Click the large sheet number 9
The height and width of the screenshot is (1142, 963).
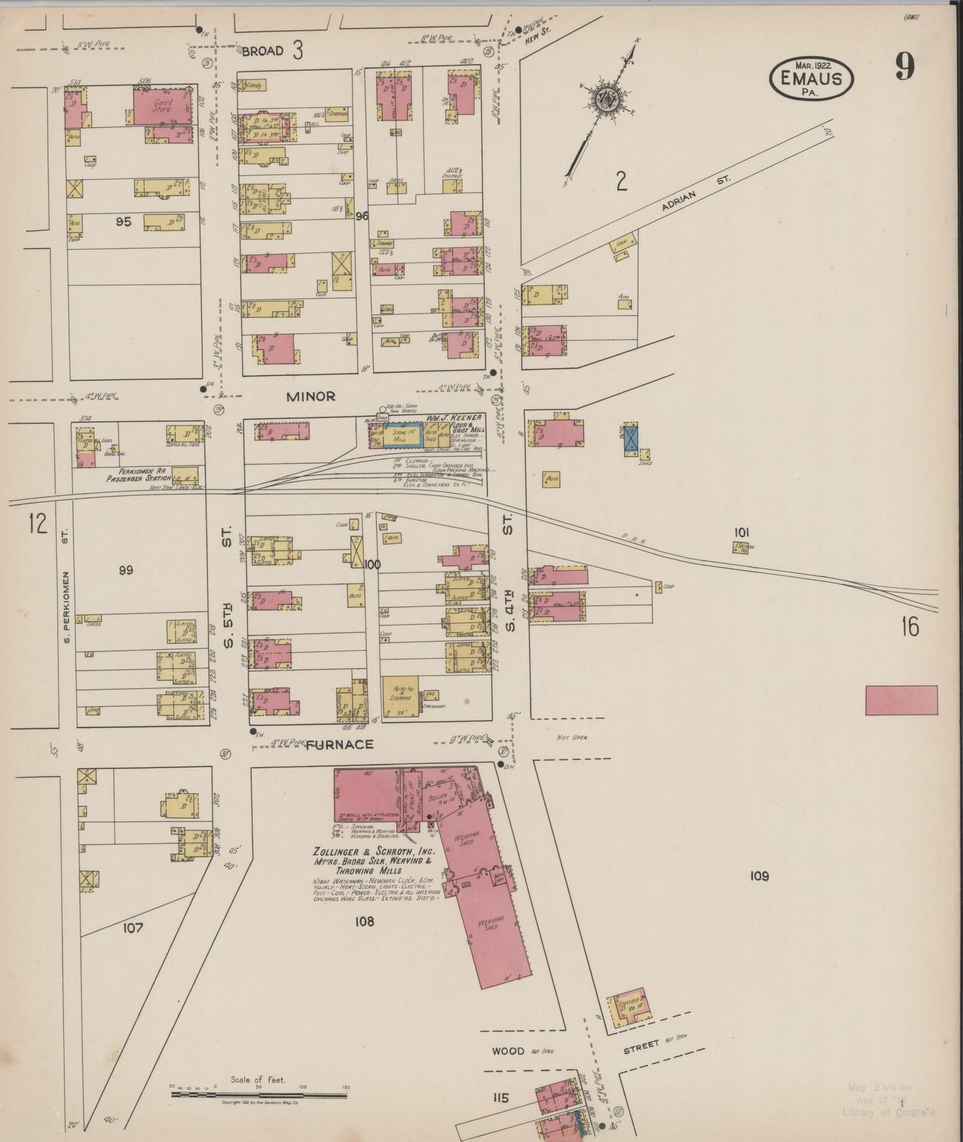tap(904, 67)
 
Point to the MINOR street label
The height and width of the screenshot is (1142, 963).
tap(311, 396)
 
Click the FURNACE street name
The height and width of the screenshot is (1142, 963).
tap(339, 744)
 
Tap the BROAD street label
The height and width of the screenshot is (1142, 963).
tap(263, 51)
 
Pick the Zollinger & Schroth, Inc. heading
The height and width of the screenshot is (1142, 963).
tap(374, 852)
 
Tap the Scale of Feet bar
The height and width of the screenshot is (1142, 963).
tap(261, 1093)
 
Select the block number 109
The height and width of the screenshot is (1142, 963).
tap(759, 875)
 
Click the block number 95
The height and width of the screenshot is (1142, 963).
tap(123, 222)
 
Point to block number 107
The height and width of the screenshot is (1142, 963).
tap(133, 927)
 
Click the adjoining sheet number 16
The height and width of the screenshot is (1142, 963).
tap(910, 627)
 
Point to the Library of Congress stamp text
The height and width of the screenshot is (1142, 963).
tap(888, 1112)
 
